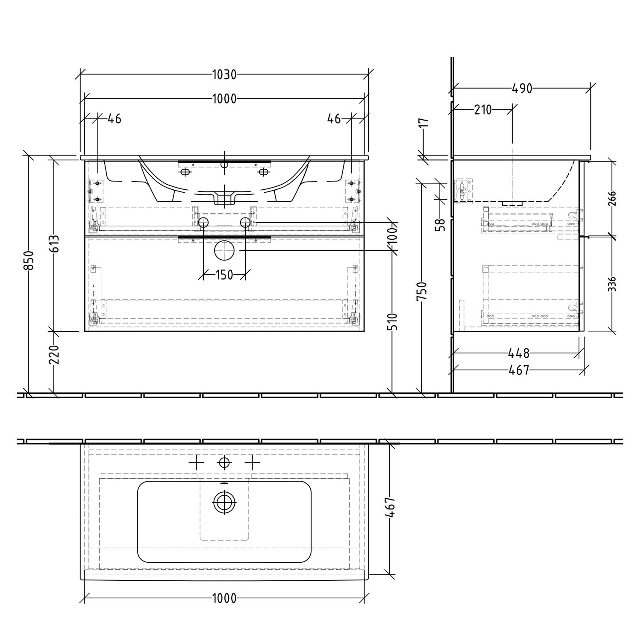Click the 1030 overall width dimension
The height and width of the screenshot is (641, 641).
click(x=224, y=75)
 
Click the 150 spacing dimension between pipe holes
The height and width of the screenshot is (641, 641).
click(x=224, y=275)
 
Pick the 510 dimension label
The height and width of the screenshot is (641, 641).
click(x=393, y=321)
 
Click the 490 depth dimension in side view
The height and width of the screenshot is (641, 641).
click(x=522, y=88)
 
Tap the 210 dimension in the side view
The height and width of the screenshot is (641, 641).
click(x=483, y=110)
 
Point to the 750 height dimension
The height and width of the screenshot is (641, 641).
click(x=422, y=291)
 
